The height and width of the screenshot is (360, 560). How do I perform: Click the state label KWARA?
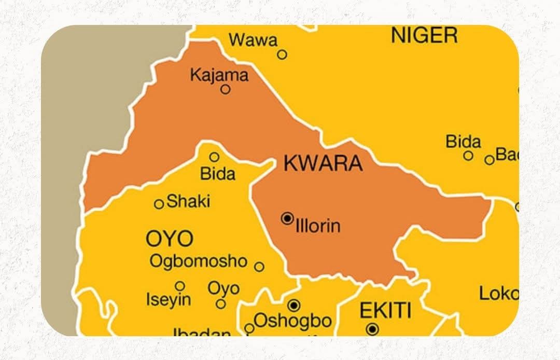(x=323, y=163)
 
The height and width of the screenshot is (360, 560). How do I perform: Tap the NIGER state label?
(x=424, y=35)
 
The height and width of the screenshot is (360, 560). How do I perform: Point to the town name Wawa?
(x=253, y=39)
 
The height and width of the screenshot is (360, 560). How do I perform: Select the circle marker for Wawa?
(x=282, y=54)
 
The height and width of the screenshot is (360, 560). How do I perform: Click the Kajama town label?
(x=219, y=75)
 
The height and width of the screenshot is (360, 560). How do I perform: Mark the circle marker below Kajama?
(x=226, y=89)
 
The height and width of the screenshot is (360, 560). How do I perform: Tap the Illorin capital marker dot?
(x=287, y=218)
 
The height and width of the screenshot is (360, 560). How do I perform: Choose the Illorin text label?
(x=318, y=226)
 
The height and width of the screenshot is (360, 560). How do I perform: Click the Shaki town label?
(x=188, y=201)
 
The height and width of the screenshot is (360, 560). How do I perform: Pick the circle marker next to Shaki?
(x=159, y=204)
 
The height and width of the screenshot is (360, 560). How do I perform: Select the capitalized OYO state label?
(x=170, y=239)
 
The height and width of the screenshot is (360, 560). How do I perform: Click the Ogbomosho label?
(x=198, y=261)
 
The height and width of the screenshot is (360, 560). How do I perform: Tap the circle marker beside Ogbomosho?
(x=259, y=267)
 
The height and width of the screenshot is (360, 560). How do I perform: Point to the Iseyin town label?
(x=169, y=299)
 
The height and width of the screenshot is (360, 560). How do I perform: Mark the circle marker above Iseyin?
(x=180, y=286)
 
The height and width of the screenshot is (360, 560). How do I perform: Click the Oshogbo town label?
(x=292, y=321)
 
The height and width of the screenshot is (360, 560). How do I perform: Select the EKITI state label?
(x=386, y=311)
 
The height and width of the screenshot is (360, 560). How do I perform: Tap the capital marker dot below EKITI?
(x=372, y=329)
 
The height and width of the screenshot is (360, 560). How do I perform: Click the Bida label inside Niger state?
(x=463, y=141)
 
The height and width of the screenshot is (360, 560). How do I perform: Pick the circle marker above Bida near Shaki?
(x=214, y=157)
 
